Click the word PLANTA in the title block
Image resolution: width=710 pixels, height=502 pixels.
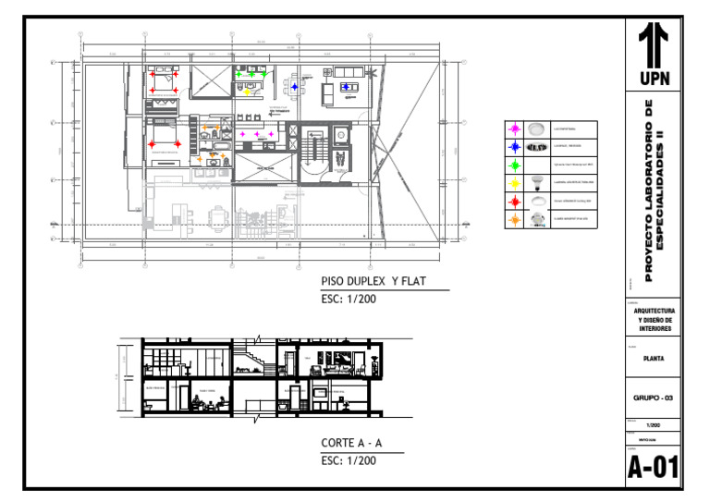tap(655, 361)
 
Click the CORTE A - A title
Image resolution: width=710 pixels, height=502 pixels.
tap(351, 443)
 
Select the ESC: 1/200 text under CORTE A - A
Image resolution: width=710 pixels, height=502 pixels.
tap(349, 459)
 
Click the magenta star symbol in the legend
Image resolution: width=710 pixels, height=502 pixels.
tap(513, 129)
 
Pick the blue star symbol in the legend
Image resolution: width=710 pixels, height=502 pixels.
tap(513, 146)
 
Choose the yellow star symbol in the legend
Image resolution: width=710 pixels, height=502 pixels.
tap(513, 182)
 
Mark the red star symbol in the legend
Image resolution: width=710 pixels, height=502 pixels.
tap(513, 200)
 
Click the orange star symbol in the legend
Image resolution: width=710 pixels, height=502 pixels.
tap(513, 218)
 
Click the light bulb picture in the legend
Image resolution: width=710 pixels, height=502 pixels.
tap(535, 182)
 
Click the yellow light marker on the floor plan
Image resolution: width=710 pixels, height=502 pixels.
tap(247, 92)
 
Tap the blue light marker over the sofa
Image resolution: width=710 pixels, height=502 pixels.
tap(345, 87)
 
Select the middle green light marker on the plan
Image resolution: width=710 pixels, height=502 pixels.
tap(251, 74)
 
